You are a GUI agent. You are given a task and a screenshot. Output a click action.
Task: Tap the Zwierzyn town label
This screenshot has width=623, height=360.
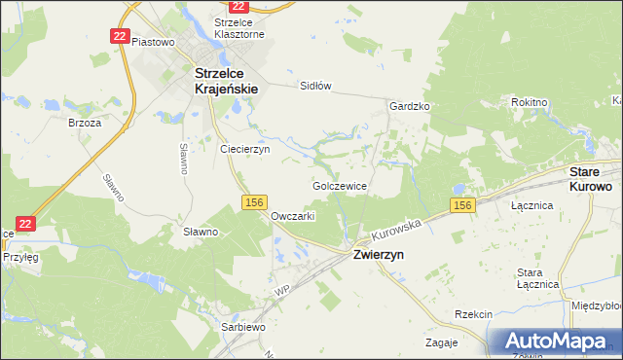coord(378,253)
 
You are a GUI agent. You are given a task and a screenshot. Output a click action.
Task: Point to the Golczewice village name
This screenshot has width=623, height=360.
coord(339,185)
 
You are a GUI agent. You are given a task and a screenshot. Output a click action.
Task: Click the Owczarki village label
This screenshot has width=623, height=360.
coord(293,216)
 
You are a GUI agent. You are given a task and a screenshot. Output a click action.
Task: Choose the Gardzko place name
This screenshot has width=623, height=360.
coord(409,106)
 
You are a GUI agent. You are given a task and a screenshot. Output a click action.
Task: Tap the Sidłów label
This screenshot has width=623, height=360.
coord(315,86)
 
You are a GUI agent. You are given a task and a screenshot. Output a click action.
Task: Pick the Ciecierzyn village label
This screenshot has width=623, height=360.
coord(244,150)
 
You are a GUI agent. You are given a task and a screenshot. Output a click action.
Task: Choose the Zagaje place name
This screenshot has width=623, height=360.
coord(442,342)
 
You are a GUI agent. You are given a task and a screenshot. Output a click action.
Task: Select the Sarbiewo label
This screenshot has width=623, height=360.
coord(243,328)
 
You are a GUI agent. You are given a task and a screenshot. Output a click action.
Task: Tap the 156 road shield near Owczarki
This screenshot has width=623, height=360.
coord(254,201)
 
